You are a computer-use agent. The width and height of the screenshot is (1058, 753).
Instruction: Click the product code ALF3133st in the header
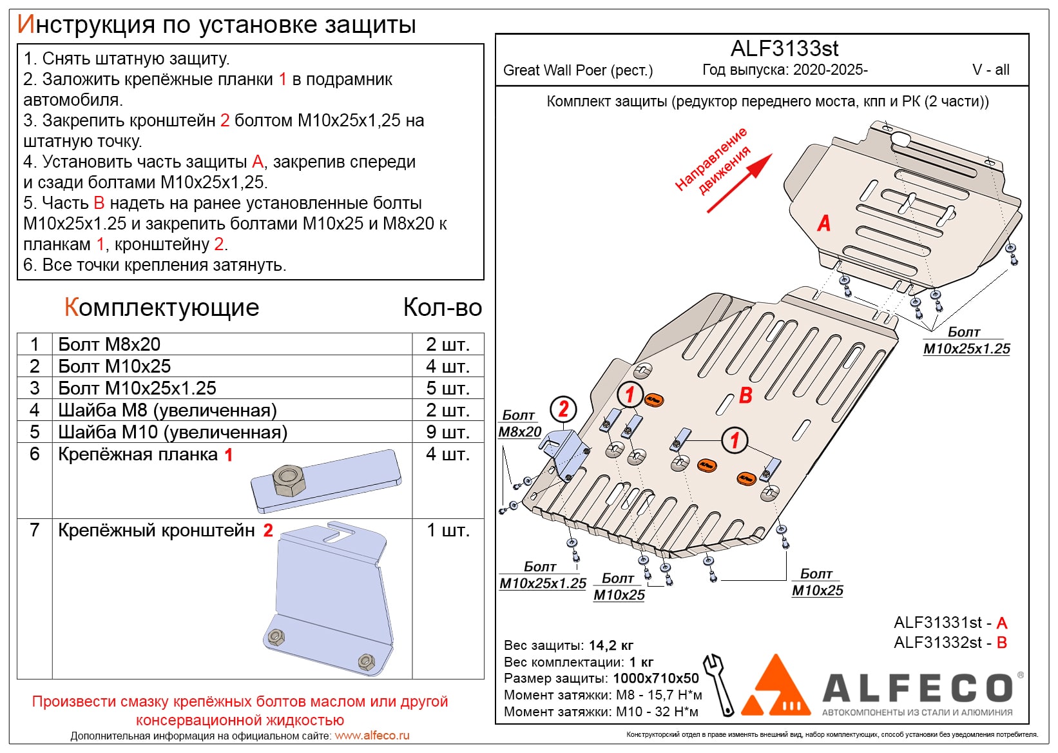point(784,49)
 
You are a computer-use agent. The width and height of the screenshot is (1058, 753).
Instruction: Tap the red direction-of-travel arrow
point(740,183)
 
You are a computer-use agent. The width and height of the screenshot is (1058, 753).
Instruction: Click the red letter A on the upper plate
point(823,224)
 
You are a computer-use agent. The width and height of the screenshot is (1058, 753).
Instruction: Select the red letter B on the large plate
point(745,395)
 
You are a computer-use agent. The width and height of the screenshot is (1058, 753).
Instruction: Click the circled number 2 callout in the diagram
point(563,409)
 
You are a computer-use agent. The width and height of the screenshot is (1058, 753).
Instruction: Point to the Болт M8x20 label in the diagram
point(519,424)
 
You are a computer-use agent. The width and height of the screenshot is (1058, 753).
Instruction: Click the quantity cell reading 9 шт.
point(447,432)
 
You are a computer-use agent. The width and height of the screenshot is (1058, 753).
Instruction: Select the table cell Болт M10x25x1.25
point(137,388)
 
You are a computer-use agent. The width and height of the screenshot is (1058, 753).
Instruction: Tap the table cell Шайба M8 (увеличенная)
point(168,410)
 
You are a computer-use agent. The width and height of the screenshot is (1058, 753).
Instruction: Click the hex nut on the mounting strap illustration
point(289,481)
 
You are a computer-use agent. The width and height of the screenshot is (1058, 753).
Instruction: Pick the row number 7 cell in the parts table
point(35,530)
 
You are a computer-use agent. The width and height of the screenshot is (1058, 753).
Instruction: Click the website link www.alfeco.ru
point(372,736)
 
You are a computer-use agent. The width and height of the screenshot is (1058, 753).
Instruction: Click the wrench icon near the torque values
point(719,685)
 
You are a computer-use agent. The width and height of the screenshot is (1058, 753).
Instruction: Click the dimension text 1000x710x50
point(655,678)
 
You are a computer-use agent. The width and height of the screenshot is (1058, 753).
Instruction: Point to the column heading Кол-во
point(442,308)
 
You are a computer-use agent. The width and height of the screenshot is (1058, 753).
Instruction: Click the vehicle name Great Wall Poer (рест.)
point(577,70)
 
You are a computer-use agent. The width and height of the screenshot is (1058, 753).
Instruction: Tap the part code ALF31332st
point(938,643)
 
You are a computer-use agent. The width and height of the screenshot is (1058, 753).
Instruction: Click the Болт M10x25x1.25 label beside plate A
point(966,341)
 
